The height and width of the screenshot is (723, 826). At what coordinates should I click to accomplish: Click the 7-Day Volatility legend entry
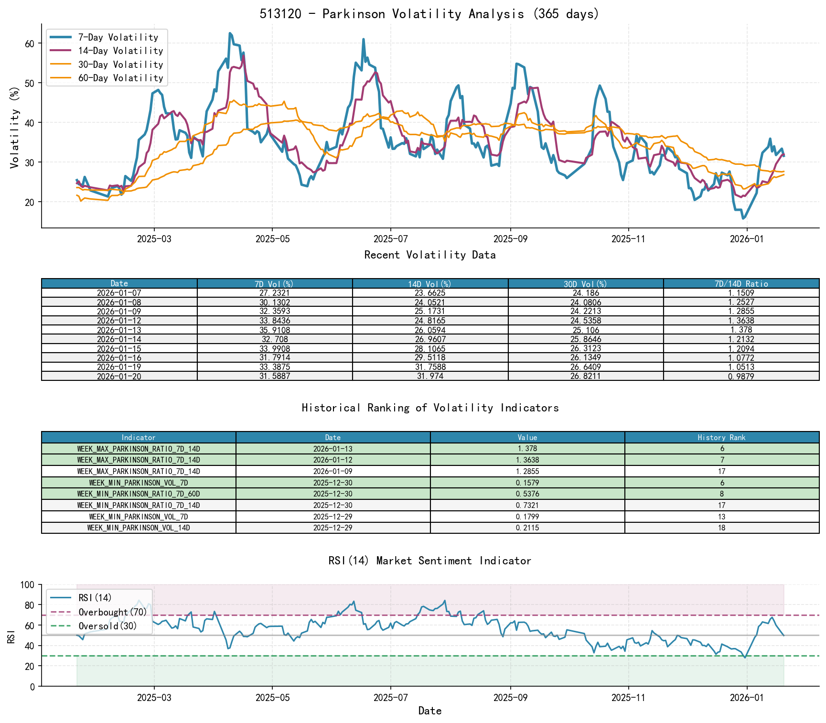(x=118, y=37)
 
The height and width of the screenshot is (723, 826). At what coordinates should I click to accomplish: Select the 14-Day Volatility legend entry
(x=120, y=51)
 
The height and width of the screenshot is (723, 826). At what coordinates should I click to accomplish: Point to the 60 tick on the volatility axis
(x=30, y=43)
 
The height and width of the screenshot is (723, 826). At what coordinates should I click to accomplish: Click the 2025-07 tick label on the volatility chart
(x=390, y=239)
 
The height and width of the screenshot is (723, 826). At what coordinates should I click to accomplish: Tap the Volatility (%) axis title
(x=14, y=128)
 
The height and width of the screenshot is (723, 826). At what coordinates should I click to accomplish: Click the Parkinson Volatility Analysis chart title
(x=429, y=14)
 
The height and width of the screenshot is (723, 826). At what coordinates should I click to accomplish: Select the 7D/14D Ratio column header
(x=741, y=284)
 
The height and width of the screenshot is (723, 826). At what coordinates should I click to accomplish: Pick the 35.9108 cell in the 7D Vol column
(x=275, y=330)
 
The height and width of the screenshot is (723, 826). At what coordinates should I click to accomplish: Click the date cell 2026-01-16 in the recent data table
(x=119, y=358)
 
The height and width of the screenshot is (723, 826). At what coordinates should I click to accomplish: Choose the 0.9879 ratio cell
(x=741, y=377)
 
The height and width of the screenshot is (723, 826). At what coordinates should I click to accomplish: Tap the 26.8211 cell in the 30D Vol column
(x=586, y=377)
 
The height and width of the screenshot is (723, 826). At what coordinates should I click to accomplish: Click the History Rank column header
(x=721, y=438)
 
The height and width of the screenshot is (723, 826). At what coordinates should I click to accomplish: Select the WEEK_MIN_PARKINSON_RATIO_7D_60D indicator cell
(x=139, y=494)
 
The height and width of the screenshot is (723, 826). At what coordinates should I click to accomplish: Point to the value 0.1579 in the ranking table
(x=527, y=483)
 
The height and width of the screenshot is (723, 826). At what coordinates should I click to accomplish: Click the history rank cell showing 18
(x=721, y=528)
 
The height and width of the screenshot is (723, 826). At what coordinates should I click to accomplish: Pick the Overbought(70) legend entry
(x=113, y=612)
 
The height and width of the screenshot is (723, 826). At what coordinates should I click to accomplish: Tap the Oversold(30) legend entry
(x=107, y=626)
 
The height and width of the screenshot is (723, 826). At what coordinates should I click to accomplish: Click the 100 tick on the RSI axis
(x=28, y=585)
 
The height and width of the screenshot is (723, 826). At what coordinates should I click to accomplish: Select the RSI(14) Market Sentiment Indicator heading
(x=429, y=561)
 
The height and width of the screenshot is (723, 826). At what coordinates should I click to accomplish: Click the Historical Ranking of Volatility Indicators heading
(x=429, y=408)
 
